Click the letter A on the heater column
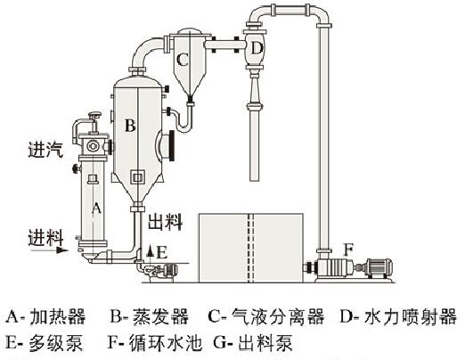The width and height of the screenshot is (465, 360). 96,208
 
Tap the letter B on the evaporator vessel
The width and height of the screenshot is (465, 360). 130,125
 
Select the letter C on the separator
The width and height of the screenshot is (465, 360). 183,60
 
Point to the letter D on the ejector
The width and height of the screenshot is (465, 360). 257,48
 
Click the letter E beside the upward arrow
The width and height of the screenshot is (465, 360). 161,253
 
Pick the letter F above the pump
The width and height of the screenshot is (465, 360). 348,250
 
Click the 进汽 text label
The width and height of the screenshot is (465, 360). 45,150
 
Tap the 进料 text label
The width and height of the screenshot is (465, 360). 45,238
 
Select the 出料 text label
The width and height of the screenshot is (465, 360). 165,222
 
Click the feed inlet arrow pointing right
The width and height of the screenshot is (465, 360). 50,250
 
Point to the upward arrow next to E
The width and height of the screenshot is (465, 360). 151,253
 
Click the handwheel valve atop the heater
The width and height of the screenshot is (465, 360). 95,114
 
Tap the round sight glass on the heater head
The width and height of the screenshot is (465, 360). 92,145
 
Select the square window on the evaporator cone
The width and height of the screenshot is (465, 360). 137,177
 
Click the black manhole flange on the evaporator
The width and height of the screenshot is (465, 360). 171,146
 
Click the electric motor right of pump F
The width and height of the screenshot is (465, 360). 379,267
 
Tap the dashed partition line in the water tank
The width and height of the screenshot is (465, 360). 251,248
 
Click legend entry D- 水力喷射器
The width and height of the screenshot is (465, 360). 398,316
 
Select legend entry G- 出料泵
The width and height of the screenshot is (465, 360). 253,343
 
